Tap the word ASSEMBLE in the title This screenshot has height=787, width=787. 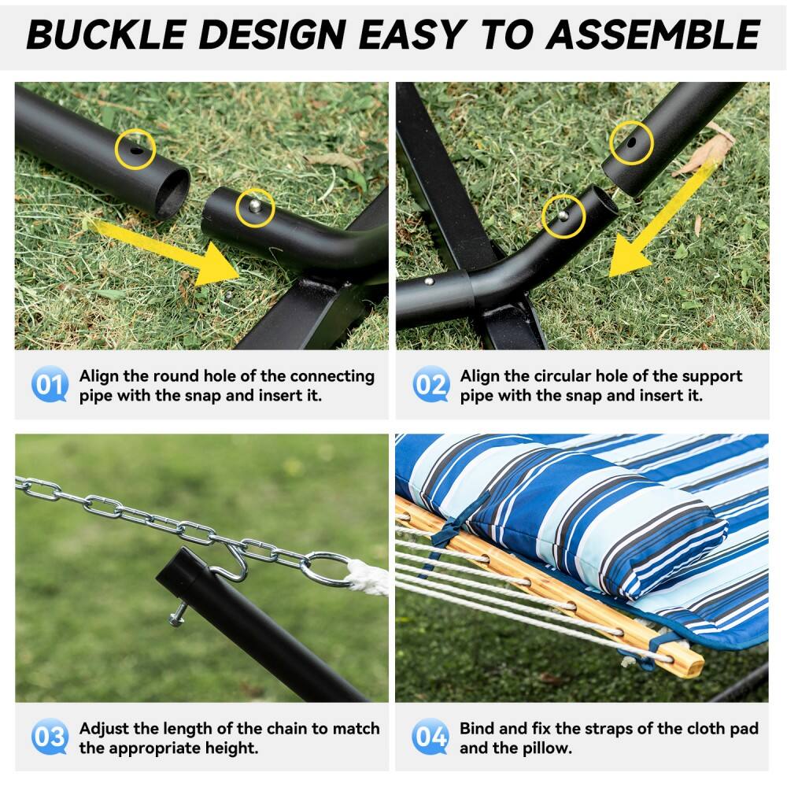click(x=654, y=34)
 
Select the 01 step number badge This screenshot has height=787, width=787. click(x=50, y=385)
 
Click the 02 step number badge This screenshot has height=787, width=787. click(x=430, y=385)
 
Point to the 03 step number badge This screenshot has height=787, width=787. click(x=50, y=737)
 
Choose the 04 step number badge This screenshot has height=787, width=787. click(x=430, y=737)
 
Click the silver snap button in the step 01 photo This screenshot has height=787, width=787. click(x=255, y=206)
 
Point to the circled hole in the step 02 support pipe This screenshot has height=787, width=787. click(x=632, y=142)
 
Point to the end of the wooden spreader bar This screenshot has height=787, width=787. click(x=688, y=665)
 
